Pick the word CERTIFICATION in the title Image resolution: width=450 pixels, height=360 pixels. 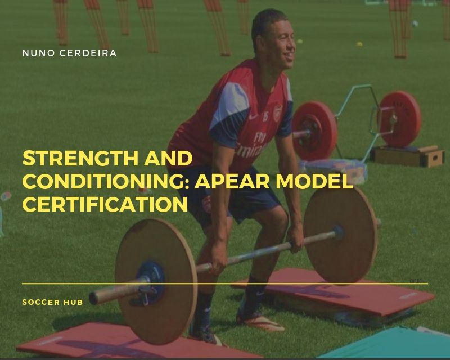click(105, 204)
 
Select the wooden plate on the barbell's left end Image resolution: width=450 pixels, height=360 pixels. click(156, 281)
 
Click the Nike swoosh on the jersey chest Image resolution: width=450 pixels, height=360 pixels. click(253, 116)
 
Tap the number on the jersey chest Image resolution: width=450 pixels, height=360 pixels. click(265, 116)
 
